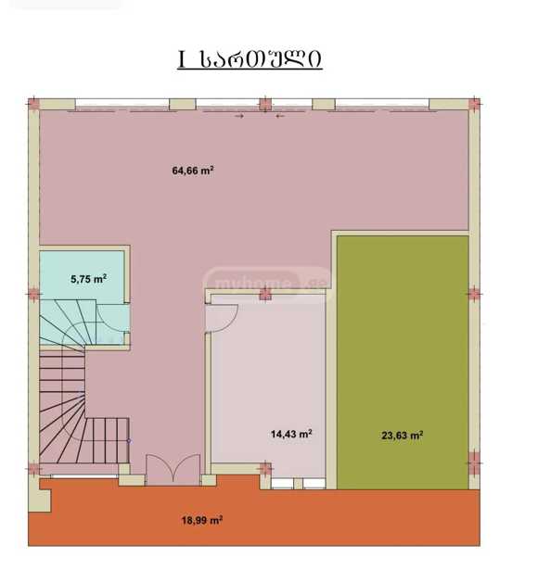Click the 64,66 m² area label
coord(193,171)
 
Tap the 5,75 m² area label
coord(88,279)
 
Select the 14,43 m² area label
coord(291,434)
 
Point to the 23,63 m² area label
coord(402,435)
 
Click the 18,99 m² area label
coord(202,520)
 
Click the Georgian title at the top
coord(250,59)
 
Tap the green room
coord(403,362)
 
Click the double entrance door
coord(173,469)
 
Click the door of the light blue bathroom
coord(113,318)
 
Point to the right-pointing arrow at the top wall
coord(239,117)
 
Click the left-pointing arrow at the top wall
coord(280,117)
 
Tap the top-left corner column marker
coord(33,104)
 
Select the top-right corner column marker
coord(474,104)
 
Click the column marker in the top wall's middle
coord(265,104)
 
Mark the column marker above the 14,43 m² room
coord(265,294)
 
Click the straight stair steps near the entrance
coord(108,440)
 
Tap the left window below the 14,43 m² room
coord(282,484)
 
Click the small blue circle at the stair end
coord(129,441)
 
